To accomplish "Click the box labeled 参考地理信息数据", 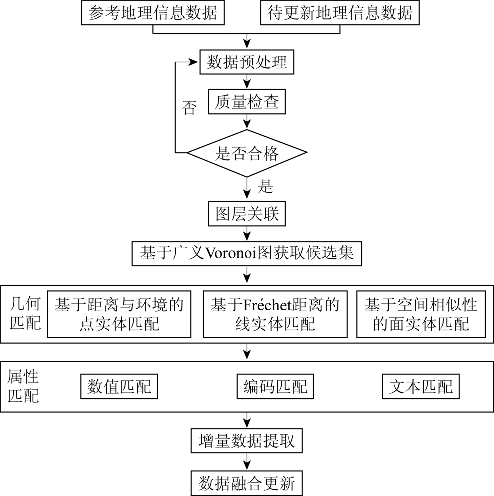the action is (153, 13).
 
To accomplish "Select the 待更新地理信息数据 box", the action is (340, 13).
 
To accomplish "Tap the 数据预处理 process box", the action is (247, 62).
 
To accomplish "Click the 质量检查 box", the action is (247, 102).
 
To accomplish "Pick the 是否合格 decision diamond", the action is (247, 153).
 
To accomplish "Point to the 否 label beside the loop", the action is (189, 108).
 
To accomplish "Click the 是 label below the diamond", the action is (265, 186).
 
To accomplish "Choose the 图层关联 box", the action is (247, 213).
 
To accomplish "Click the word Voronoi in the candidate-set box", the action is (232, 253).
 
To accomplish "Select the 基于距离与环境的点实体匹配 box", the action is (119, 314).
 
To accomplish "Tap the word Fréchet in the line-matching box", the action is (267, 305).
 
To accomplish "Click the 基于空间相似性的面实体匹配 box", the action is (421, 314).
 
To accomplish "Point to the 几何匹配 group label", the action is (25, 313).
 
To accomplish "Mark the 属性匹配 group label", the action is (23, 386).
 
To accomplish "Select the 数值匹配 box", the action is (119, 386).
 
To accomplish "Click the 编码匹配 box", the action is (275, 386).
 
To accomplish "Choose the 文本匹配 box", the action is (421, 386).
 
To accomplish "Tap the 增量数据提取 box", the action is (247, 440).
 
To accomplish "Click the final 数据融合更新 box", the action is (247, 483).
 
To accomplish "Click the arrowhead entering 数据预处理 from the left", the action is (194, 62).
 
